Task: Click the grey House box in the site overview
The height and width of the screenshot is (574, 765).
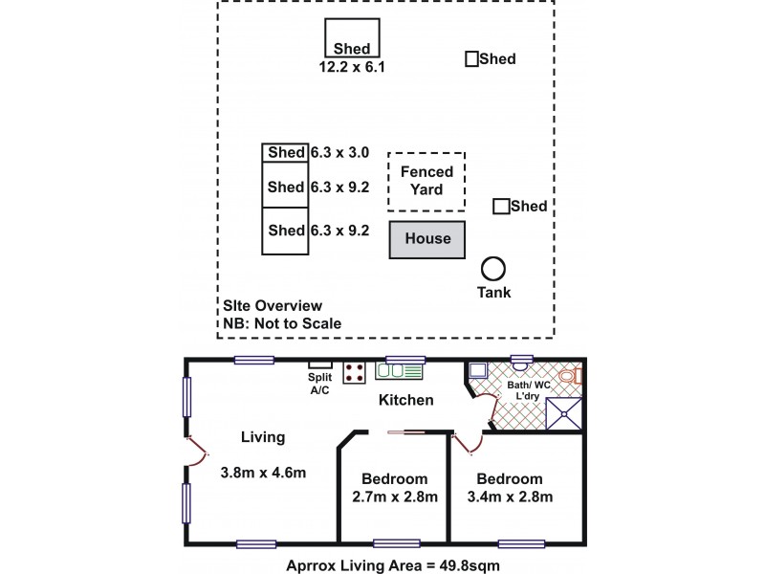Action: click(426, 239)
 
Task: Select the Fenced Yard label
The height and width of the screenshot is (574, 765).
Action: click(426, 181)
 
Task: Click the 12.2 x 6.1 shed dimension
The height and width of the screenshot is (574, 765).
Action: click(352, 67)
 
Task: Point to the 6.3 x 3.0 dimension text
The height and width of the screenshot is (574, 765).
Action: click(339, 153)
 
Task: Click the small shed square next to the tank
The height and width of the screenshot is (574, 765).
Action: click(501, 207)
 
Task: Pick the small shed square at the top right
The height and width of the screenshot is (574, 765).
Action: click(471, 59)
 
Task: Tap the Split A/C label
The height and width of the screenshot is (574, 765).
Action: click(320, 384)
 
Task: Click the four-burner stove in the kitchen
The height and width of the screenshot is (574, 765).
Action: click(354, 372)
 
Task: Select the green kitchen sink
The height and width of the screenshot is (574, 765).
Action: click(399, 371)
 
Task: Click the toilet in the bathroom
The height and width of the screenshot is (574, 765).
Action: click(570, 376)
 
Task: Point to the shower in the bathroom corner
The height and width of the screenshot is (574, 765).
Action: click(564, 414)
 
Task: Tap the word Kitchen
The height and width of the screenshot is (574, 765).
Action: click(405, 400)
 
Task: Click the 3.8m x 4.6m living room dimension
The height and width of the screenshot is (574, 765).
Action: click(264, 473)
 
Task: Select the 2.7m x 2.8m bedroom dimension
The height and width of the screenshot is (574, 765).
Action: click(395, 497)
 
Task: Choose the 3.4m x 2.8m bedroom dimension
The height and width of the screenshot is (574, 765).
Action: click(510, 497)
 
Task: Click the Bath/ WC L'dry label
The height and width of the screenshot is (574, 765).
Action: click(529, 390)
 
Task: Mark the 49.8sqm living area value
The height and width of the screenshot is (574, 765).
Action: click(470, 565)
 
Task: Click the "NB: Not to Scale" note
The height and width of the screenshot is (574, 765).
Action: click(282, 323)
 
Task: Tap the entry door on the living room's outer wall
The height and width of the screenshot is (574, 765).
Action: click(197, 451)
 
